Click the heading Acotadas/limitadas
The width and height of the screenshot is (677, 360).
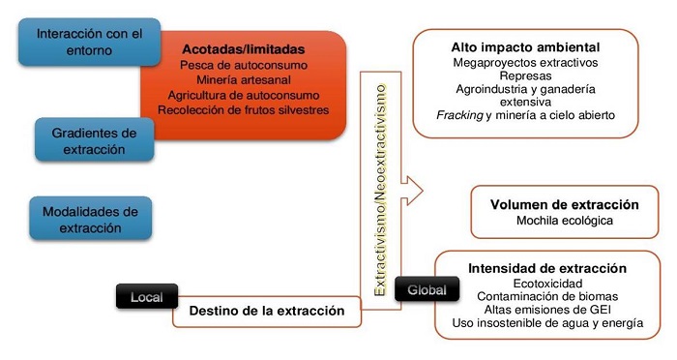tap(243, 48)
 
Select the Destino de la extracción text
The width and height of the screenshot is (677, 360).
tap(267, 312)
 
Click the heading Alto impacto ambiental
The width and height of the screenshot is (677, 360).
tap(525, 46)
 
